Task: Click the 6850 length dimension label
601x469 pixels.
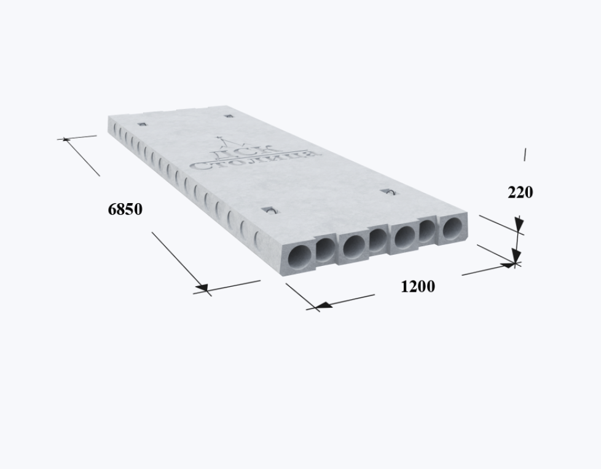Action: pos(125,209)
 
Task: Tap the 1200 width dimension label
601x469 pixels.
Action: pos(418,287)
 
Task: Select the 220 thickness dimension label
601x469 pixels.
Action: pos(520,192)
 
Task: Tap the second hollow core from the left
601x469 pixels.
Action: pos(326,249)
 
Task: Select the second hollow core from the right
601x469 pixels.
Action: pos(426,230)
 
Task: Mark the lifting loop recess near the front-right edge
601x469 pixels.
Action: pos(388,191)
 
